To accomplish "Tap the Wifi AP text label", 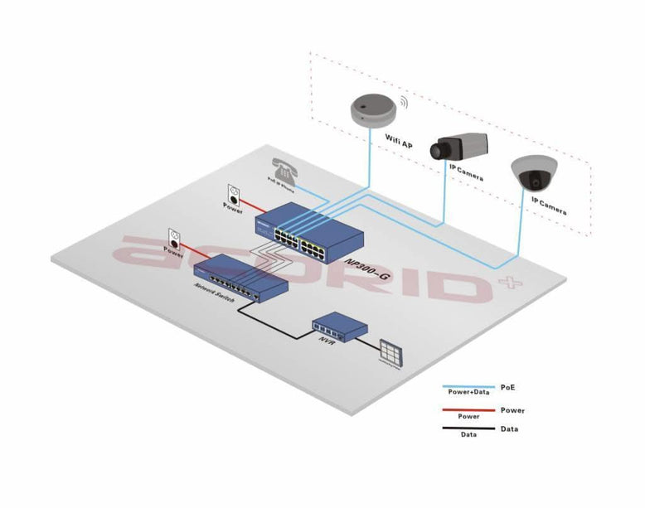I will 398,143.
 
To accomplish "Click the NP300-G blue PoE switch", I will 318,232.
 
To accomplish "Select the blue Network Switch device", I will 245,278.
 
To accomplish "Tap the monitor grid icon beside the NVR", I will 389,351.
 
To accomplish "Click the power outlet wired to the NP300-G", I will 234,195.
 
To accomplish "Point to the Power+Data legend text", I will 468,394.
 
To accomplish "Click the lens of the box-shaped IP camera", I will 437,151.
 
